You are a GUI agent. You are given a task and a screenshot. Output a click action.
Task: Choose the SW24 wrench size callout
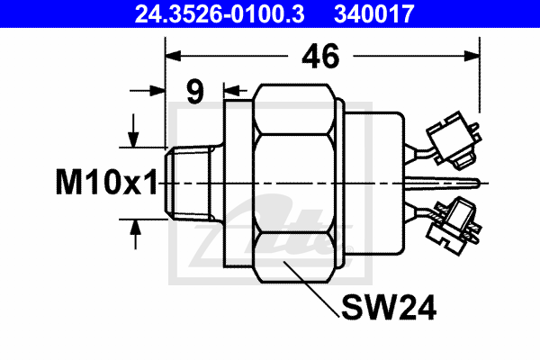coord(389,310)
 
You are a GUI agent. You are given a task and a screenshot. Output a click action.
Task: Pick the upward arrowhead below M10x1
coord(135,226)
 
